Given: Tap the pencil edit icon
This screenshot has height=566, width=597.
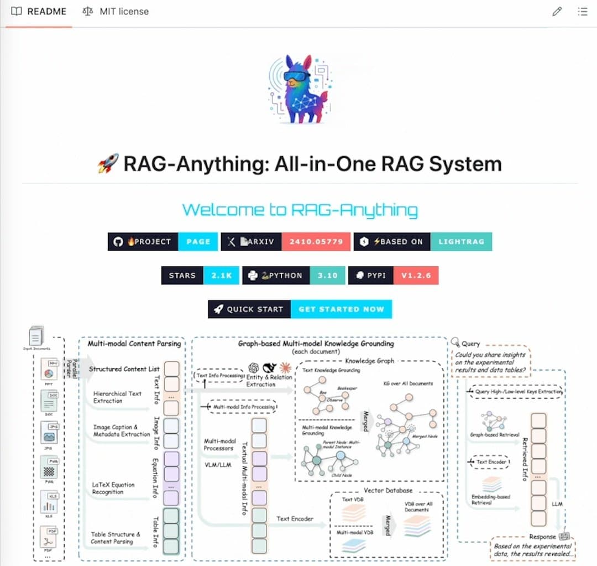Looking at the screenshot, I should tap(557, 11).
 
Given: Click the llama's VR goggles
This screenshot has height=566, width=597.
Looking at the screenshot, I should tap(297, 77).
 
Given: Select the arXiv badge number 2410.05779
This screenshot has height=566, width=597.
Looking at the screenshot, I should tap(316, 242).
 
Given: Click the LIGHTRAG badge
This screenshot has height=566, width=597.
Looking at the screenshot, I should tap(461, 242).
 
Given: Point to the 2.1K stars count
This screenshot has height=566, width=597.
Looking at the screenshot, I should tap(221, 276).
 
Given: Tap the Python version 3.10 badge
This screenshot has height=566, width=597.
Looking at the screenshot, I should tap(327, 276).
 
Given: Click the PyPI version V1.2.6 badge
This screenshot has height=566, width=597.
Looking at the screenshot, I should tap(415, 276).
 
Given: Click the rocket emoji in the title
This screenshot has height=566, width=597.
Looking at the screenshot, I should tap(107, 164).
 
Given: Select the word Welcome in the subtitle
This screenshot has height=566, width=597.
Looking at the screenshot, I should tap(217, 210).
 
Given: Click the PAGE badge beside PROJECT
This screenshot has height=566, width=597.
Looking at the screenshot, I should tap(198, 242).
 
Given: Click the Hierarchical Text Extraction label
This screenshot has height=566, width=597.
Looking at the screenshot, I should tap(117, 397).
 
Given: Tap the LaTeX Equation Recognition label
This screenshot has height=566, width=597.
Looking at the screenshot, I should tap(113, 489).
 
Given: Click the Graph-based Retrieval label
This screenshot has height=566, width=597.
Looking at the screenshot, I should tap(494, 434).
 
